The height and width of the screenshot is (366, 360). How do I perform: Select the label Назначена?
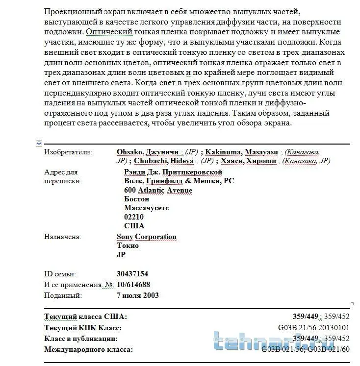point(62,237)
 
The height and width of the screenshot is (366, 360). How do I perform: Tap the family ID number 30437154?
point(132,274)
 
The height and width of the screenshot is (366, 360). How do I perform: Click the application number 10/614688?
point(133,285)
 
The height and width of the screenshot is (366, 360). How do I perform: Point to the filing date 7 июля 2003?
point(138,295)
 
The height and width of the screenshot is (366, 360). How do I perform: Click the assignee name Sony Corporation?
point(146,237)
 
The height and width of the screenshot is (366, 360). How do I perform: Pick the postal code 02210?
point(134,217)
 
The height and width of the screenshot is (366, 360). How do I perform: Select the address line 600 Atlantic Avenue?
point(158,190)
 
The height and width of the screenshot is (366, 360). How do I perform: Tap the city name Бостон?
point(137,199)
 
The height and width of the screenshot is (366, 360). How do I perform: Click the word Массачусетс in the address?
point(147,208)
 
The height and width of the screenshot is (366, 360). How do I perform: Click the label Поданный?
point(63,295)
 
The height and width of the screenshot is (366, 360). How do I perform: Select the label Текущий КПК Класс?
point(83,328)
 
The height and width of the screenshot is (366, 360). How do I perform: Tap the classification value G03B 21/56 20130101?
point(313,328)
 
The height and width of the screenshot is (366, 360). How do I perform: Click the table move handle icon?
point(39,143)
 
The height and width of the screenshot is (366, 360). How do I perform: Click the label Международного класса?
point(88,349)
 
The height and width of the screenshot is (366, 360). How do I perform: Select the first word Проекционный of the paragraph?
point(72,11)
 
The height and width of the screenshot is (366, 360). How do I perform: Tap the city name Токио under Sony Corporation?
point(128,246)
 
